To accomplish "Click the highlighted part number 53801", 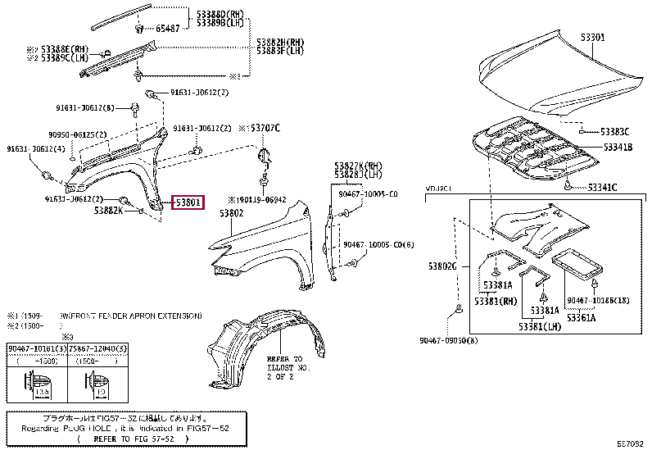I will point(188,202).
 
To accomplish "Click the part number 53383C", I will point(614,131).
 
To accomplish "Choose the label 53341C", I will point(602,188).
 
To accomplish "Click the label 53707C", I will point(264,129).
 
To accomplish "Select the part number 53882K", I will point(108,211).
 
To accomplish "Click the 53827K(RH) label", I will point(357,166).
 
